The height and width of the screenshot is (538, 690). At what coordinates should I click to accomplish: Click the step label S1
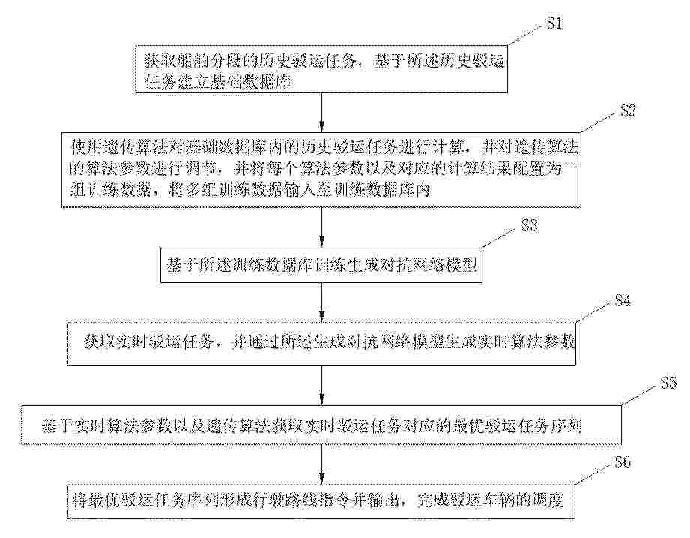(554, 23)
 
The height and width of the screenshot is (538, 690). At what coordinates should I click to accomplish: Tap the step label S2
(628, 110)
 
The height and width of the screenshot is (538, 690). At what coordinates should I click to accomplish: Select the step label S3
(530, 225)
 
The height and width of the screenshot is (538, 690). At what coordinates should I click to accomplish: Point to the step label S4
(623, 300)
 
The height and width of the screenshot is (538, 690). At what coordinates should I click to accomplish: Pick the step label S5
(668, 383)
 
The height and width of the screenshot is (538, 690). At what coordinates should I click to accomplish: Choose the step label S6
(623, 462)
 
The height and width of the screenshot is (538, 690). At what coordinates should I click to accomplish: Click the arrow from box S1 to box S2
(322, 113)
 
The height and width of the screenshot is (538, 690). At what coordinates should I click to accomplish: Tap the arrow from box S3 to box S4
(322, 302)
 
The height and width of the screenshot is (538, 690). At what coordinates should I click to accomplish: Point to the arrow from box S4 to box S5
(322, 385)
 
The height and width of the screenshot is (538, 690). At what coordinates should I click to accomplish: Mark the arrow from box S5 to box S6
(322, 465)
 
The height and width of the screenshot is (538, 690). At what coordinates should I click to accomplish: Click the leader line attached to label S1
(525, 35)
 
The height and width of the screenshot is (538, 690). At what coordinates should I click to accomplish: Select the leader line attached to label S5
(640, 395)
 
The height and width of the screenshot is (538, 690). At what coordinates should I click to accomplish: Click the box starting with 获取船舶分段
(321, 69)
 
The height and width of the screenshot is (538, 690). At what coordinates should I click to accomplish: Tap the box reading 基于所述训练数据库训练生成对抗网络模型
(321, 266)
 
